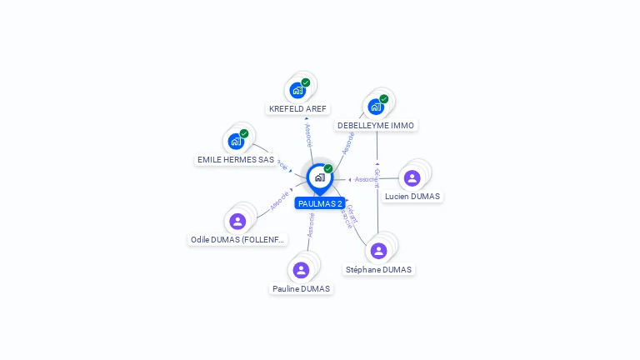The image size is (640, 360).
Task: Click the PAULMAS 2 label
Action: click(x=320, y=203)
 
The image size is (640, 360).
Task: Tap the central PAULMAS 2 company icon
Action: click(x=319, y=177)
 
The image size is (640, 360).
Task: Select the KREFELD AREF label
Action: click(x=298, y=108)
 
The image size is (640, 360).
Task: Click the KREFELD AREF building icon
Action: click(x=297, y=91)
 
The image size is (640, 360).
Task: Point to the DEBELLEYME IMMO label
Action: click(x=376, y=125)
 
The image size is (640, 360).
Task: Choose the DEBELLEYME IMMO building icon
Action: click(x=375, y=107)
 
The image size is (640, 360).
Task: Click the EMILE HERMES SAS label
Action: click(x=236, y=159)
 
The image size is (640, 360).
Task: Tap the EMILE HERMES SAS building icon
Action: click(x=236, y=141)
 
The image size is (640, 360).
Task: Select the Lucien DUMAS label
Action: click(x=412, y=196)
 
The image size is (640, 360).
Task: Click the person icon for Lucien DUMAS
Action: click(x=412, y=177)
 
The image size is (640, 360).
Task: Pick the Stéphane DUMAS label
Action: click(x=379, y=269)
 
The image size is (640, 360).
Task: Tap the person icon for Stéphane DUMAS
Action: click(x=378, y=251)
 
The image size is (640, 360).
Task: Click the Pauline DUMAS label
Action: click(x=301, y=288)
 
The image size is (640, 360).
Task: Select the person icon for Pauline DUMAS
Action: click(x=301, y=270)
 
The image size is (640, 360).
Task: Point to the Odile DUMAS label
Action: click(x=238, y=239)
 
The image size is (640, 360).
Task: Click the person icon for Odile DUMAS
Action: click(x=237, y=221)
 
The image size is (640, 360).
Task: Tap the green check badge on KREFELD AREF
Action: click(x=306, y=82)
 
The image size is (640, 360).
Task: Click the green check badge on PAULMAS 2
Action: click(x=328, y=168)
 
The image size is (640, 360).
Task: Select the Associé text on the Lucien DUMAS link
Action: click(x=364, y=179)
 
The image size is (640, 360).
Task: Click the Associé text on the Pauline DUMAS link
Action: click(x=311, y=225)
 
